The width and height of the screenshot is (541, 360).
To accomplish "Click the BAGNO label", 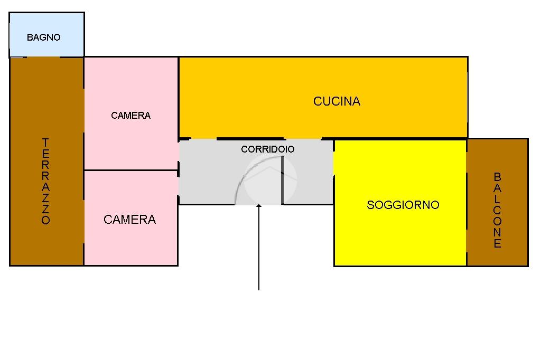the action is pyautogui.click(x=44, y=37).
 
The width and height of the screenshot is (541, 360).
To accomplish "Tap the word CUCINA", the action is pyautogui.click(x=337, y=101).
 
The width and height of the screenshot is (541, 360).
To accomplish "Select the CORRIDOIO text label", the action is pyautogui.click(x=267, y=149).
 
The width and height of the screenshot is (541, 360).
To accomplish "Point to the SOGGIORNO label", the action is pyautogui.click(x=403, y=205).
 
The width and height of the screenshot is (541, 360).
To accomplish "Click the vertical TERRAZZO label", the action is pyautogui.click(x=46, y=181).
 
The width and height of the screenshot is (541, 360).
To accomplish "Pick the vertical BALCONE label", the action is pyautogui.click(x=497, y=210).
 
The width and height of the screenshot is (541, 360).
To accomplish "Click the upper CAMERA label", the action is pyautogui.click(x=130, y=116).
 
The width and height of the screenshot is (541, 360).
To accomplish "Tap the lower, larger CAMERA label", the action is pyautogui.click(x=129, y=220).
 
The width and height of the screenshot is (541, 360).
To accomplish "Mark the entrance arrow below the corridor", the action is pyautogui.click(x=259, y=248).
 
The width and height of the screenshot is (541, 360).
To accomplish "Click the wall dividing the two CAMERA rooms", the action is pyautogui.click(x=131, y=170).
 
